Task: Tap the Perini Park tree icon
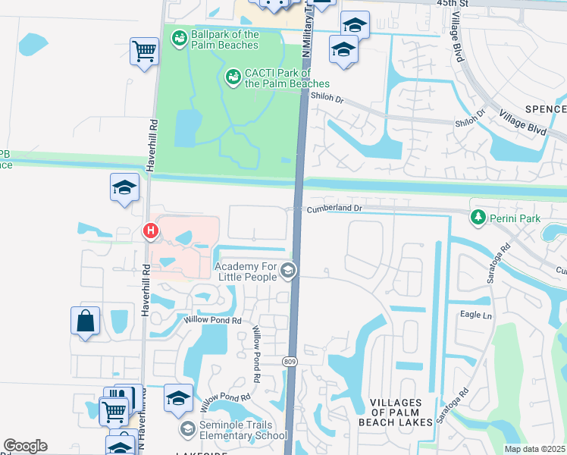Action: point(478,218)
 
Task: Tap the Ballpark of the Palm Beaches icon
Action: point(180,38)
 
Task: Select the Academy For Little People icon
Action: point(287,270)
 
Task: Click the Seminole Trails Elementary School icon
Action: point(186,429)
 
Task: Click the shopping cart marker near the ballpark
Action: point(143,52)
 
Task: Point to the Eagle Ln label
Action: point(475,313)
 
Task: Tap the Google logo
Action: point(25,446)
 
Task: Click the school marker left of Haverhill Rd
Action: point(124,187)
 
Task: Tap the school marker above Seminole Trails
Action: point(177,397)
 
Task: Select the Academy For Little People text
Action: point(246,271)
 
